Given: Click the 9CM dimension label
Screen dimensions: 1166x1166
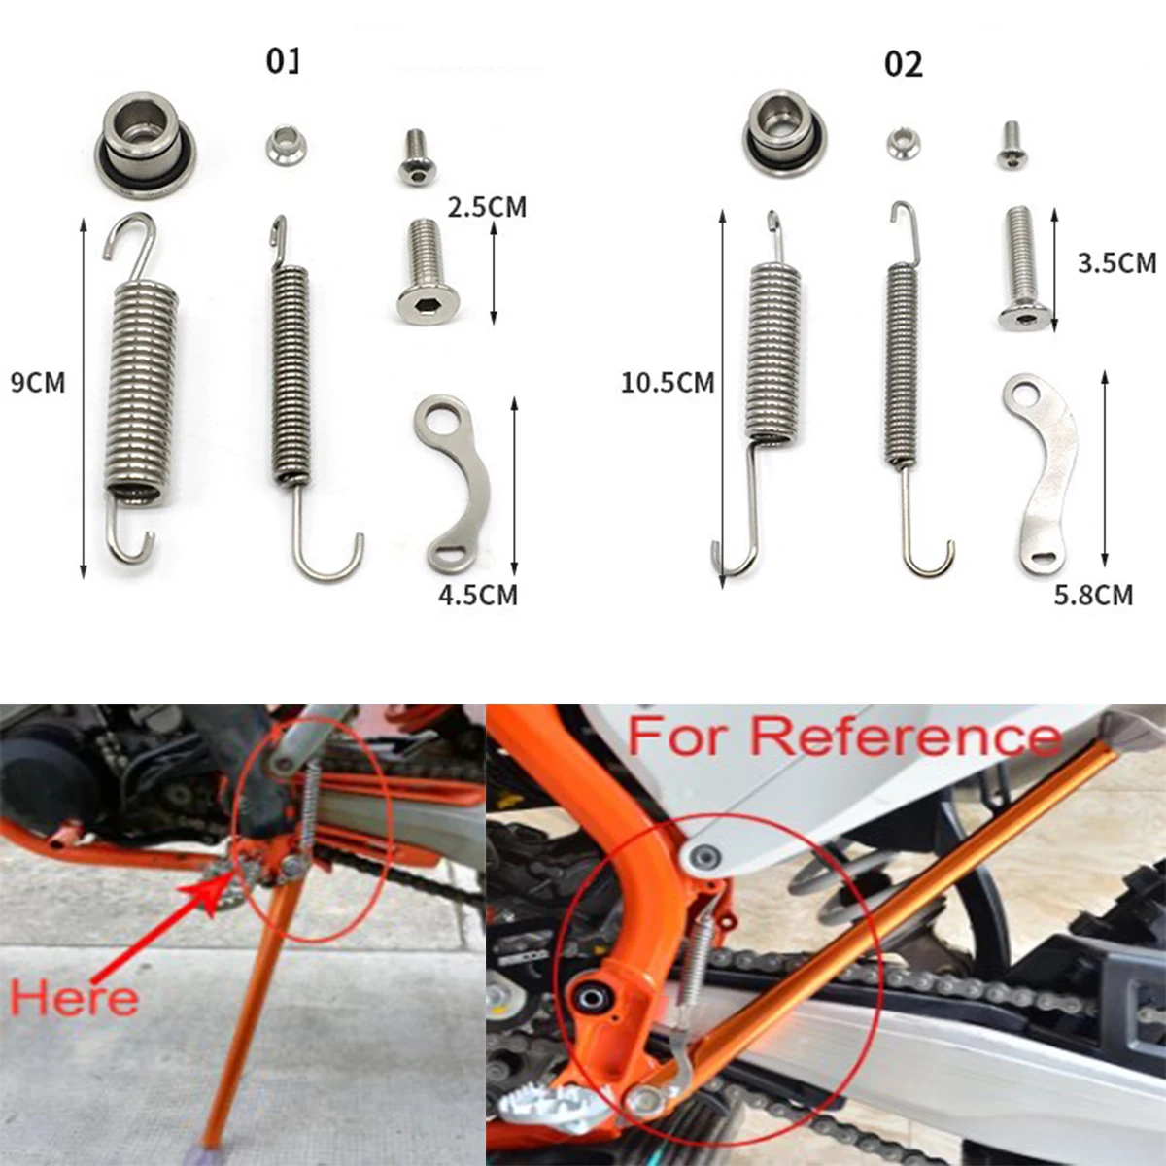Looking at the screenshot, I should pos(38,382).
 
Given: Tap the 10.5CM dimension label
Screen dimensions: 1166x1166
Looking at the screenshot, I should pos(668,382).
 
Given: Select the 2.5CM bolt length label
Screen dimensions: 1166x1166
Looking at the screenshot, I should pos(486,207).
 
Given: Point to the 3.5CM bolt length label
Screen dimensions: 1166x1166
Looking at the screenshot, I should pos(1116,262).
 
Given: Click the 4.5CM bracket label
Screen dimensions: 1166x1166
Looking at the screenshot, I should pos(477,595).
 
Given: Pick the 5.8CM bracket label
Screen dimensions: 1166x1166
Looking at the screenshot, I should pos(1093,595).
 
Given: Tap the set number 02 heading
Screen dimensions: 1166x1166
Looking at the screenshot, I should pos(903,64).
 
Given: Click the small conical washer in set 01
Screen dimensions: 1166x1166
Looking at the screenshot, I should pos(286,148).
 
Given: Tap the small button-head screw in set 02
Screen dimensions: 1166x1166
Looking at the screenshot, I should pos(1011,143).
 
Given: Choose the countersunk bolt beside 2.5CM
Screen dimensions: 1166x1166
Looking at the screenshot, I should pos(427,269).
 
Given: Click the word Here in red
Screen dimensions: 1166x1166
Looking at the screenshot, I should pos(74,999).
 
